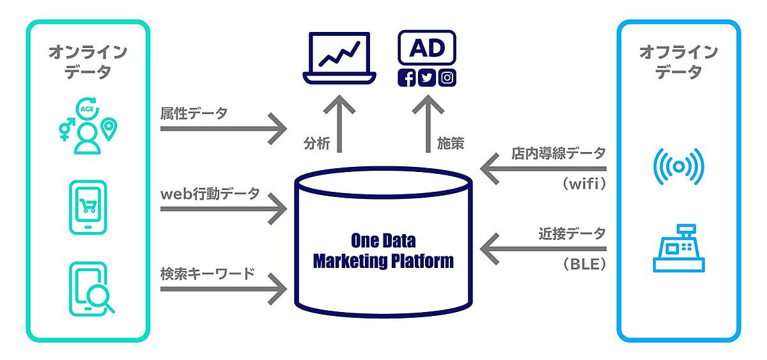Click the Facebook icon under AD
coord(407,78)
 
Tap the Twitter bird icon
coord(427,78)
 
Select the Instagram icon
coord(448,78)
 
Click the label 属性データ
coord(194,113)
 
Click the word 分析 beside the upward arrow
coord(317,144)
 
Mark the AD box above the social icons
coord(427,48)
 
